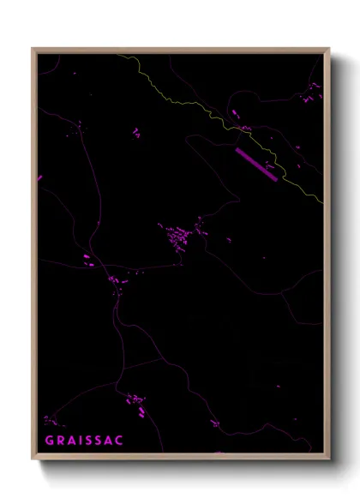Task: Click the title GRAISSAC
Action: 84,441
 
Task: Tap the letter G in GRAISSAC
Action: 48,441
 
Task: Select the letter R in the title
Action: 58,441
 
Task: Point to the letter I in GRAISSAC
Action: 80,441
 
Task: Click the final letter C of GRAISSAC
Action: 120,441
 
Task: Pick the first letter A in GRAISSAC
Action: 69,441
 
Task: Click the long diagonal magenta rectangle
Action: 256,165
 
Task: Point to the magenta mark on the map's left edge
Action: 39,178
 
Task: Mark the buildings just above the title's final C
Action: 135,400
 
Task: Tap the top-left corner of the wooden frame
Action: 33,49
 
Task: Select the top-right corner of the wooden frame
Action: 329,49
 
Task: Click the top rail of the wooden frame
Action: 180,49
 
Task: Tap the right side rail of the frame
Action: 327,257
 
